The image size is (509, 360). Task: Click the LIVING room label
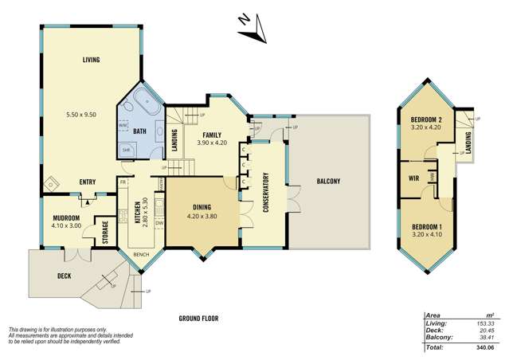(89, 60)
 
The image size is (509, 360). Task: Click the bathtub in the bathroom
(147, 102)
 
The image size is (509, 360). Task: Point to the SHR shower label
(126, 149)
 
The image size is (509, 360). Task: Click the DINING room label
(200, 205)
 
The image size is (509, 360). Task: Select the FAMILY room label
(211, 135)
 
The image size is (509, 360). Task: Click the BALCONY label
(328, 182)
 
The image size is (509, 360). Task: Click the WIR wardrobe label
(414, 178)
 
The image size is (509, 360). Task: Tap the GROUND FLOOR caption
(198, 319)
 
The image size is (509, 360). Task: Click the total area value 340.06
(482, 348)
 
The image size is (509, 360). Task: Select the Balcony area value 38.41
(484, 338)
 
